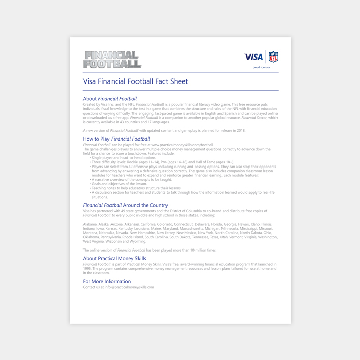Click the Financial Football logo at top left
112,60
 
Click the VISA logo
254,57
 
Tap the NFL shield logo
273,57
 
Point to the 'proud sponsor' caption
261,67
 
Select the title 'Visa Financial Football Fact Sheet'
135,81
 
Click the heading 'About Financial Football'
110,99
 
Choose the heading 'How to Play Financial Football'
116,139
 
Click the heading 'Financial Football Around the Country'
125,205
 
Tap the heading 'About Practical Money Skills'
114,258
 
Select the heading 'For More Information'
107,281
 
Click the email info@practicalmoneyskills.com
129,287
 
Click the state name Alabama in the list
90,224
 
